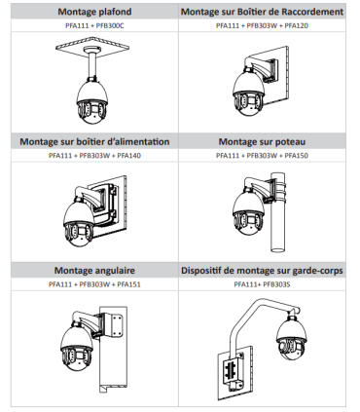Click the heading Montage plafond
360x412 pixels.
[x=94, y=12]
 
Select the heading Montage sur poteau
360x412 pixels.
[x=262, y=142]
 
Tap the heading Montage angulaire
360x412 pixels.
[x=94, y=271]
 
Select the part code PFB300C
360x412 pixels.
[x=110, y=25]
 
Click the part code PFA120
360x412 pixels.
[x=296, y=25]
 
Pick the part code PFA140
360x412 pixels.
[x=128, y=156]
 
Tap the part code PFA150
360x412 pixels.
[x=296, y=156]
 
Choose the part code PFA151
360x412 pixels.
[x=128, y=284]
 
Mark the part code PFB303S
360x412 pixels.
[x=276, y=284]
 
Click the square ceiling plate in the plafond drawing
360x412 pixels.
[x=92, y=48]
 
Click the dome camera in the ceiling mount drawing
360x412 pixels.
[x=92, y=102]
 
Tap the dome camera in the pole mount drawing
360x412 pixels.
[x=249, y=212]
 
